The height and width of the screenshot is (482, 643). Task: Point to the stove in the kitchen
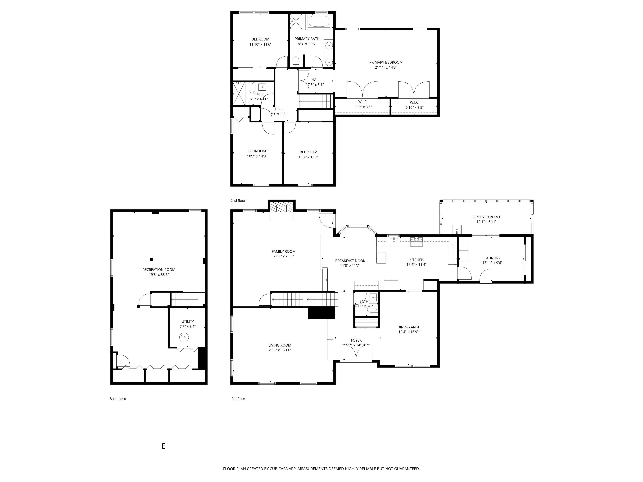416,242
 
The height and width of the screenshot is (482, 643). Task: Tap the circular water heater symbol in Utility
184,337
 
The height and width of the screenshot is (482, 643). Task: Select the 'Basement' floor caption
118,399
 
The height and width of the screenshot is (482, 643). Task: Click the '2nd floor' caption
238,201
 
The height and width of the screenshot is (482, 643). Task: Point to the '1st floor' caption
238,399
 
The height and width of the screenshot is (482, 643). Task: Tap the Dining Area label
408,327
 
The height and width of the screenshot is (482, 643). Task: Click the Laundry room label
492,258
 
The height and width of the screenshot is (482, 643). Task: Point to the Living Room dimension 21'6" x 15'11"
280,350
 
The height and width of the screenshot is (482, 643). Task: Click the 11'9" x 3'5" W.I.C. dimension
363,107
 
